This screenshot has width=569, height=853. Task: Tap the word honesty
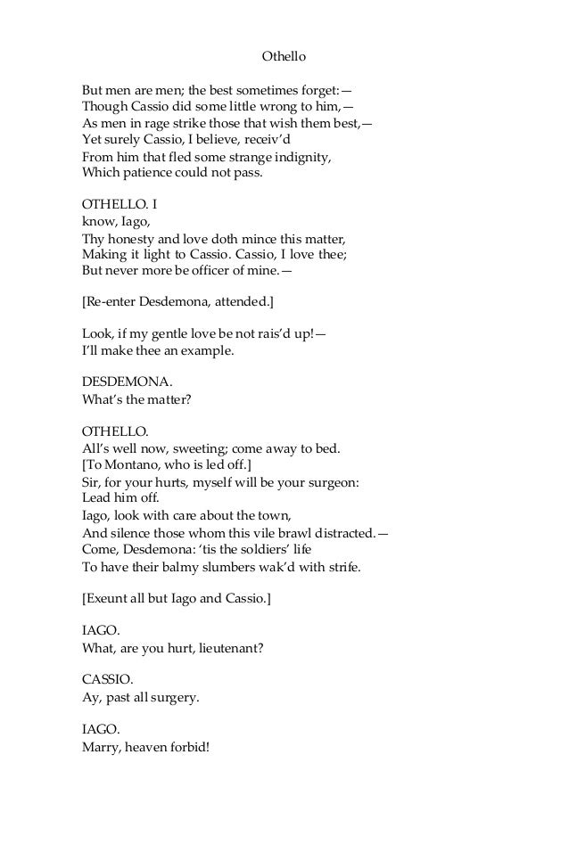136,240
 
